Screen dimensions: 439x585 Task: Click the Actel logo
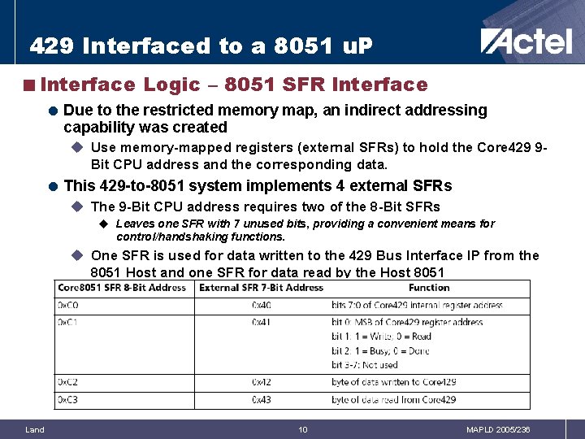point(526,41)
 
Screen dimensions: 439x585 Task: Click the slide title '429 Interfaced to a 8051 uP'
point(201,46)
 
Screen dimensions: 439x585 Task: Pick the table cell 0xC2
point(67,381)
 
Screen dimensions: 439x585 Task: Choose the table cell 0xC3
point(67,399)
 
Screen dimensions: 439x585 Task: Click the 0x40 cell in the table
point(262,305)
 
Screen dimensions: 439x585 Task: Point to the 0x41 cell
point(262,322)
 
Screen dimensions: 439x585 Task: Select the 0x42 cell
point(262,381)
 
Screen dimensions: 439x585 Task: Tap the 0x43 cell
point(262,399)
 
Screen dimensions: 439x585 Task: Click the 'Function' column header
point(429,287)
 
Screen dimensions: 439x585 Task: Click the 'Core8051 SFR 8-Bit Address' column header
point(121,287)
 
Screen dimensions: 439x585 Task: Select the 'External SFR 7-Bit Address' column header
point(261,287)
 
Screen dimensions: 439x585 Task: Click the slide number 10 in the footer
point(302,429)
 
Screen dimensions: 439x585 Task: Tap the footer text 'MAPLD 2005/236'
point(498,429)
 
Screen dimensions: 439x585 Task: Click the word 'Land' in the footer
point(35,429)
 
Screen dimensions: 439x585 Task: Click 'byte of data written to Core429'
point(393,381)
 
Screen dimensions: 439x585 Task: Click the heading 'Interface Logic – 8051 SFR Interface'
point(233,85)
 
